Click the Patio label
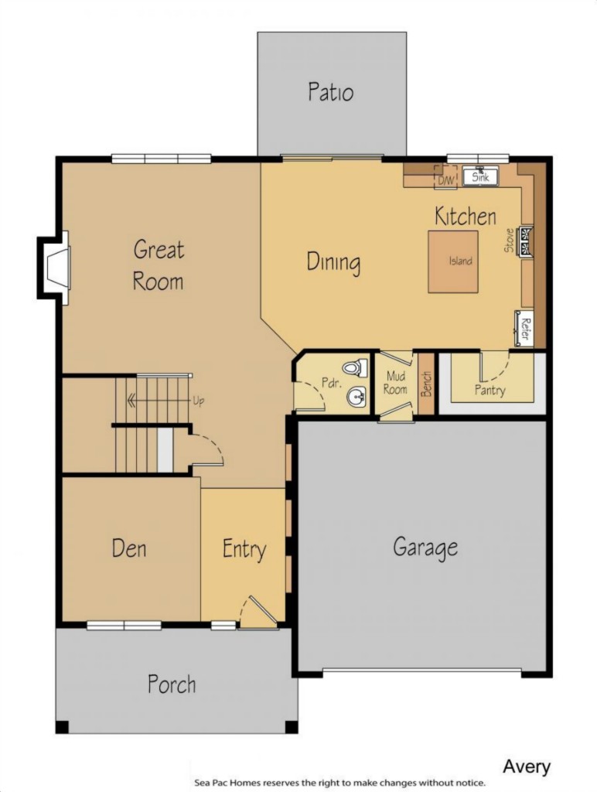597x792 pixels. click(331, 92)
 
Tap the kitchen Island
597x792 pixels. click(453, 261)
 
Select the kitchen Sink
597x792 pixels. click(480, 176)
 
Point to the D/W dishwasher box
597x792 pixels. click(446, 177)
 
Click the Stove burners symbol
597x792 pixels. click(527, 241)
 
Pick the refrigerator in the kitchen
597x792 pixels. click(524, 328)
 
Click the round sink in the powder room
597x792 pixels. click(356, 397)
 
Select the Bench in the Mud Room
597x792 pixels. click(427, 383)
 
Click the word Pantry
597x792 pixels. click(490, 391)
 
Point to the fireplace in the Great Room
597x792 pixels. click(53, 268)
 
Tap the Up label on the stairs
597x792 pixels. click(199, 401)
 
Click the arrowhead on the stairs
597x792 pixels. click(132, 401)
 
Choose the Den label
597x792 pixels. click(129, 548)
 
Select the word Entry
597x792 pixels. click(244, 550)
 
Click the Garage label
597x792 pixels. click(425, 547)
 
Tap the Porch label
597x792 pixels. click(172, 684)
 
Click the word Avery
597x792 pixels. click(527, 766)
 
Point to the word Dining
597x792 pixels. click(333, 263)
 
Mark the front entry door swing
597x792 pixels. click(258, 613)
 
